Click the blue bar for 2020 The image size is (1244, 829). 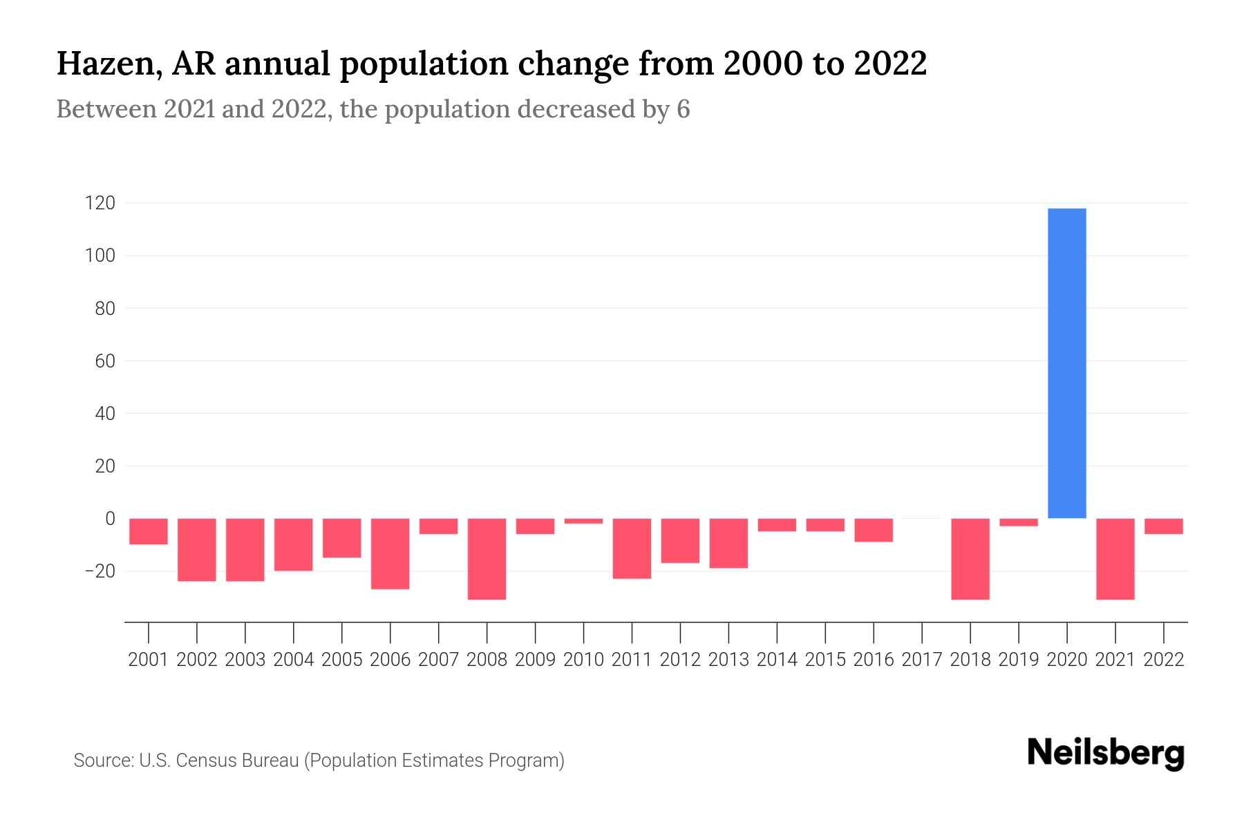pyautogui.click(x=1066, y=363)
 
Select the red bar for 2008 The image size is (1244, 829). pyautogui.click(x=487, y=558)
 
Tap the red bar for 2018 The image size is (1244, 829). pyautogui.click(x=970, y=558)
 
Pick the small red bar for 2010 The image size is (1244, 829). pyautogui.click(x=583, y=521)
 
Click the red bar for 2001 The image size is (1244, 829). pyautogui.click(x=149, y=531)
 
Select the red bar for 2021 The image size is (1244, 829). pyautogui.click(x=1115, y=558)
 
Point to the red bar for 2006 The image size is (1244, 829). pyautogui.click(x=390, y=553)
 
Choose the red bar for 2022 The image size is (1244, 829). pyautogui.click(x=1163, y=526)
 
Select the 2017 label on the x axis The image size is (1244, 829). pyautogui.click(x=921, y=660)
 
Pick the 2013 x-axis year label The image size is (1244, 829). pyautogui.click(x=728, y=660)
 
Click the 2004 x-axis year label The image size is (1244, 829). pyautogui.click(x=293, y=660)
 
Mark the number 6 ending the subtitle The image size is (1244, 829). pyautogui.click(x=683, y=109)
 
